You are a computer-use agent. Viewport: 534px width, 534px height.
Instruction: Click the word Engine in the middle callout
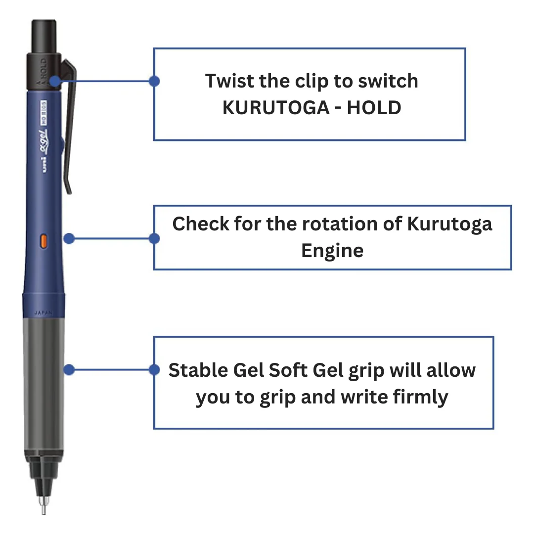pos(332,250)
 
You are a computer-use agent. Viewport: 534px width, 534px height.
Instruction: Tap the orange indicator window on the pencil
pos(43,241)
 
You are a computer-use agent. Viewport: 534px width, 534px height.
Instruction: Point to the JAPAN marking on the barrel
pos(43,312)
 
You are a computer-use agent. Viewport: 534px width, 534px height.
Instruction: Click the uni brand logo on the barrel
pos(44,166)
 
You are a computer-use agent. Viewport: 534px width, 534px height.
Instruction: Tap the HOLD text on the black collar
pos(43,67)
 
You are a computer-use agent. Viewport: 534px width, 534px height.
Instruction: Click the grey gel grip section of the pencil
pos(44,386)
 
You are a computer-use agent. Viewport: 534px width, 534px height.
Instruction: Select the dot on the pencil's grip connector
pos(69,370)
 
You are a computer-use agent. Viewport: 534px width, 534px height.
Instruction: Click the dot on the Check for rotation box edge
pos(154,238)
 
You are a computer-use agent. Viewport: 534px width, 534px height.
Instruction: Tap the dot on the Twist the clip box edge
pos(154,81)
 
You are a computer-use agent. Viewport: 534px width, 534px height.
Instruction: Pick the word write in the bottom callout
pos(358,397)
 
